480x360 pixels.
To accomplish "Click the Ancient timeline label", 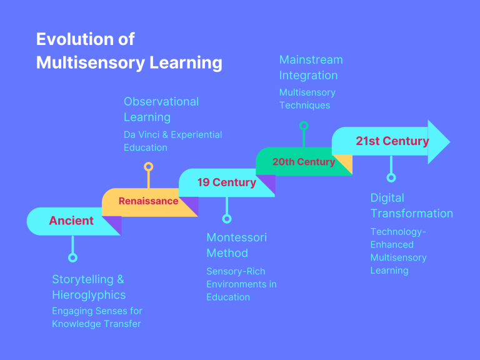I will [71, 221].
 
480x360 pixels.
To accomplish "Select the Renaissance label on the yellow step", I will [148, 201].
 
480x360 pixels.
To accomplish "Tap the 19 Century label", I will [226, 182].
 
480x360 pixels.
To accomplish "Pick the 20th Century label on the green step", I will [303, 162].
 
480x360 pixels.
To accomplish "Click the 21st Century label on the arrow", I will [392, 141].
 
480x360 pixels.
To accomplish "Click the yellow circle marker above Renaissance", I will [148, 166].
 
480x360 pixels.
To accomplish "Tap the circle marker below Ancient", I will [72, 257].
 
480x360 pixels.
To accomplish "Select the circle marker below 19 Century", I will [227, 219].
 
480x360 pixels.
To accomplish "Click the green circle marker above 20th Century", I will [304, 126].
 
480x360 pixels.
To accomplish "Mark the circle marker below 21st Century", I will [391, 177].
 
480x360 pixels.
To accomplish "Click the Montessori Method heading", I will [236, 245].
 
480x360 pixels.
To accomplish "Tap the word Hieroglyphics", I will [89, 295].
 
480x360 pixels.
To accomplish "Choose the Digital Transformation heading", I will [411, 206].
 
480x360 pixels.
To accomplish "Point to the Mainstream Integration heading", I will [311, 67].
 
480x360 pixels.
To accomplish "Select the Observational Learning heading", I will [161, 109].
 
